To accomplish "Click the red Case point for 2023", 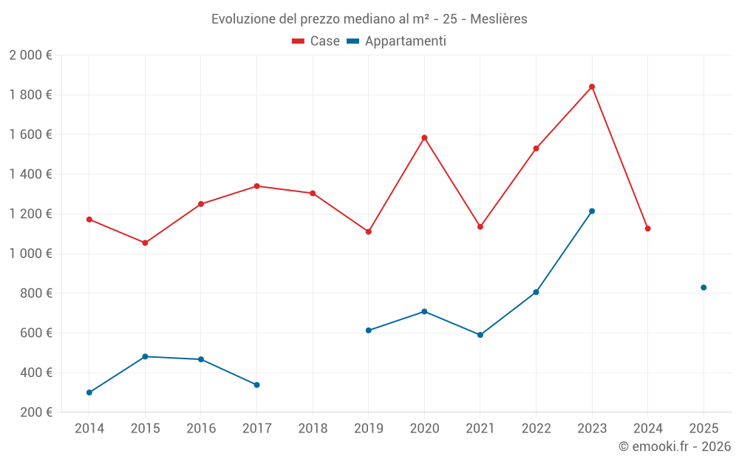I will click(x=592, y=86).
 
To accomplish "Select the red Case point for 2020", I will click(x=424, y=137).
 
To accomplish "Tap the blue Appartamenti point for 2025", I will click(x=704, y=288).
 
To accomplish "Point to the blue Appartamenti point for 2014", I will click(x=89, y=393).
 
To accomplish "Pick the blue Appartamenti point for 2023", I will click(x=592, y=211).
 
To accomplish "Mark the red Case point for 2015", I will click(x=145, y=242).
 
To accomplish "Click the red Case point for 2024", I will click(x=648, y=228).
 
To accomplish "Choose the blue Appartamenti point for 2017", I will click(x=256, y=384).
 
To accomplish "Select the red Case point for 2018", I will click(x=313, y=194).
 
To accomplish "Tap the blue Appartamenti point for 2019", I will click(x=369, y=330).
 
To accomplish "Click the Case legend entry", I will click(x=316, y=41).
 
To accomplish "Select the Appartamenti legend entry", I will click(x=397, y=41).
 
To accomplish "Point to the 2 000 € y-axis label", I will click(x=30, y=55).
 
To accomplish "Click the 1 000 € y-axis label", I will click(x=30, y=254).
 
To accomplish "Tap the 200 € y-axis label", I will click(x=35, y=412).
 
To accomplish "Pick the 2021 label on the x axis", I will click(x=480, y=428).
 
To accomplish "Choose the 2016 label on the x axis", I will click(x=201, y=428).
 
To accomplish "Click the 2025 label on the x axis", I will click(x=704, y=428).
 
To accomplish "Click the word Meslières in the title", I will click(x=500, y=19).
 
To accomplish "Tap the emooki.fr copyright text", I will click(x=674, y=446).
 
